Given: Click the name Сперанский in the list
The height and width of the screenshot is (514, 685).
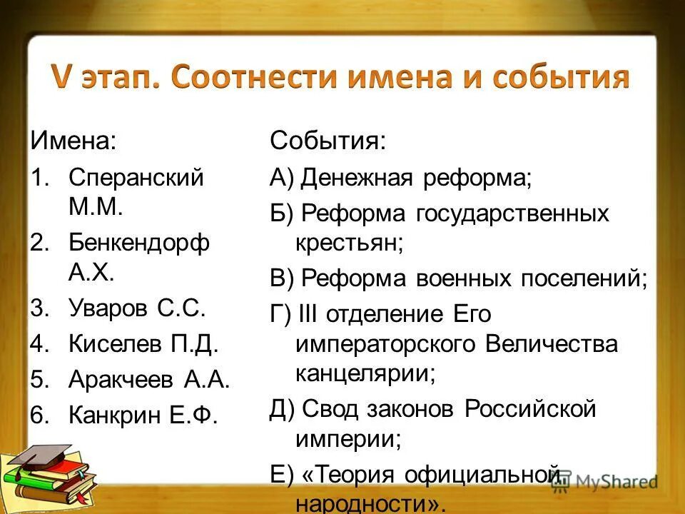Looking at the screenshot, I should [x=136, y=177].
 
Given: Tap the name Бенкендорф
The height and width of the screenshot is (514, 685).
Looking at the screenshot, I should [x=139, y=243].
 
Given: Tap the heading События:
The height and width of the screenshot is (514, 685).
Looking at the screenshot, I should [x=328, y=140].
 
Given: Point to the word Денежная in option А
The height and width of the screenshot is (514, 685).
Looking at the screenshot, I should [x=356, y=177].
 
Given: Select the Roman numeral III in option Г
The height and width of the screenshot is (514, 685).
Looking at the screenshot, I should [x=310, y=313].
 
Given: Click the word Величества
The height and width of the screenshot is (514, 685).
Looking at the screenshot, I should [x=551, y=344].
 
